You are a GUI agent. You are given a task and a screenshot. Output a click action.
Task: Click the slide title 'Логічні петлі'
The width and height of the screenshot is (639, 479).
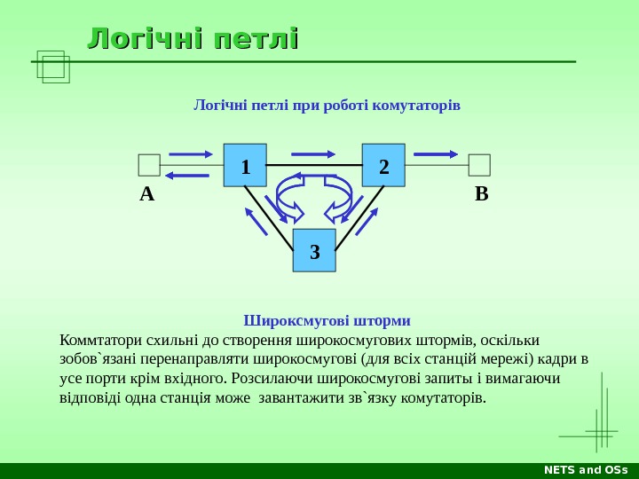pos(193,39)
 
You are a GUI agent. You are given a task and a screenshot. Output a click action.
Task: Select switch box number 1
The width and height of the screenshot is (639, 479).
pos(245,166)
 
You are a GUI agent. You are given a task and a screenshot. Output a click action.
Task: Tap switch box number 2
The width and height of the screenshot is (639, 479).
pos(383,166)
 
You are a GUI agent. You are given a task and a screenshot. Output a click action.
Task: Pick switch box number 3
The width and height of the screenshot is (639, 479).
pos(314,251)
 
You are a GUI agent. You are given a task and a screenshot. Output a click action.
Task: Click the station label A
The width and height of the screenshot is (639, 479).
pos(146,194)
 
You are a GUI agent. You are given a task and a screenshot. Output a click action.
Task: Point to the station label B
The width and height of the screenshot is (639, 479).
pos(481,194)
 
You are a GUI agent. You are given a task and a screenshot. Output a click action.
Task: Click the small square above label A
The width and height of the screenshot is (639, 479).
pos(149,165)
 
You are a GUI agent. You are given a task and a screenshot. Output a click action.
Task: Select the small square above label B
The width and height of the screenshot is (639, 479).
pos(479,165)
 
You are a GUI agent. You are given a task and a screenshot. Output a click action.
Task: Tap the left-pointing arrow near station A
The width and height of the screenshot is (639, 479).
pos(186,176)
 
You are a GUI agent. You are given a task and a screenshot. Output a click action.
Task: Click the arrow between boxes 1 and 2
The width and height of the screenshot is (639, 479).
pos(312,153)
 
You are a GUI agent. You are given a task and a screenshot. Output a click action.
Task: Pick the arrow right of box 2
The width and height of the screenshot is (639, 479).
pos(435,153)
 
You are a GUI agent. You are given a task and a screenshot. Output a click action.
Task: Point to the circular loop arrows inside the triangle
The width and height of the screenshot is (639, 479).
pos(314,197)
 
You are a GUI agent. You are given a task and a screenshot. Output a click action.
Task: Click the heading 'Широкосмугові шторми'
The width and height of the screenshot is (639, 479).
pos(327,319)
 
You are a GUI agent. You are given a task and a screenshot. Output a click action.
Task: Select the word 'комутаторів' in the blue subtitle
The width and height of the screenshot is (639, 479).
pos(418,106)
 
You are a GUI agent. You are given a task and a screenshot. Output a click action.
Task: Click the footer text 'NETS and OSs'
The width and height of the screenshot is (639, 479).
pos(586,469)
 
